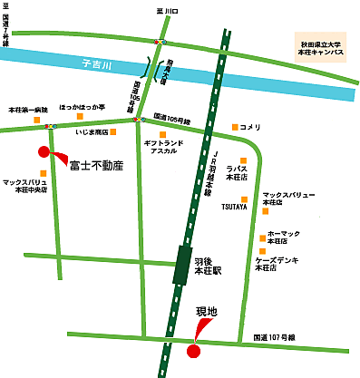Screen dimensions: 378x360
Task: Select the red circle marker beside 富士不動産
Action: pos(43,151)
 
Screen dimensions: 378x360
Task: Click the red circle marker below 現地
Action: pos(192,350)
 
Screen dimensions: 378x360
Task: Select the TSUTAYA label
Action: pos(234,207)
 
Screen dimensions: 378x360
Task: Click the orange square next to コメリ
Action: pos(234,126)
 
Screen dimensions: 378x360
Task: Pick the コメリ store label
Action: pos(250,126)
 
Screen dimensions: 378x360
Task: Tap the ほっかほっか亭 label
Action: pos(82,107)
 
